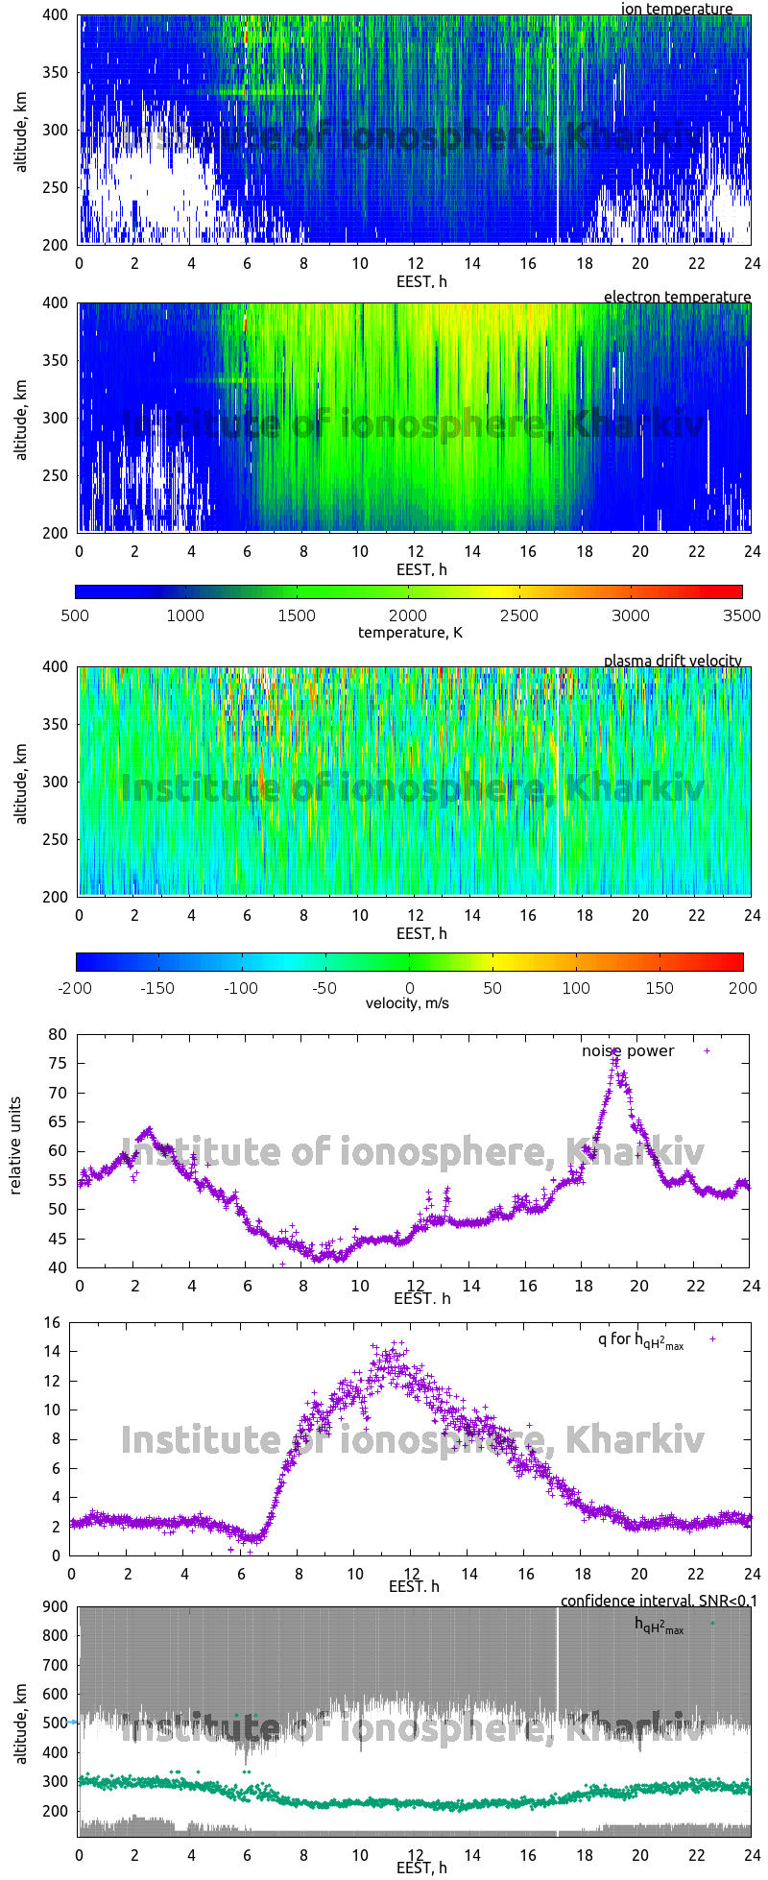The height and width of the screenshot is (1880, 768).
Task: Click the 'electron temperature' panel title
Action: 677,297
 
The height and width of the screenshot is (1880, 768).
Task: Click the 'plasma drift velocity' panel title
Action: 672,661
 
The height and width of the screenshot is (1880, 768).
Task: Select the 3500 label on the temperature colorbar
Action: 741,615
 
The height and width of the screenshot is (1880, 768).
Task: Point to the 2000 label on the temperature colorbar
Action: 408,615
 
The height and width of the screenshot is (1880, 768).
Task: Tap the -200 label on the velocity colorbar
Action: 76,987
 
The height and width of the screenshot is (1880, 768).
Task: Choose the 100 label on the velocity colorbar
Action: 576,987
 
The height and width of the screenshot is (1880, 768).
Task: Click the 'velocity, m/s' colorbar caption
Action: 407,1003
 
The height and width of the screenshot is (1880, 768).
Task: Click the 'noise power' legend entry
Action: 628,1050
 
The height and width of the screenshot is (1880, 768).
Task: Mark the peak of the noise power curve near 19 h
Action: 614,1052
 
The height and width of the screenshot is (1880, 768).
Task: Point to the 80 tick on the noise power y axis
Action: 59,1034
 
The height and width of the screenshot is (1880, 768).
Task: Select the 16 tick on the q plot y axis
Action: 51,1323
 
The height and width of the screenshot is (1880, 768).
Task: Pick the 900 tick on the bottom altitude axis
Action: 55,1606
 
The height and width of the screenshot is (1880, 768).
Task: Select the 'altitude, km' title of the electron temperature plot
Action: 20,419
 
